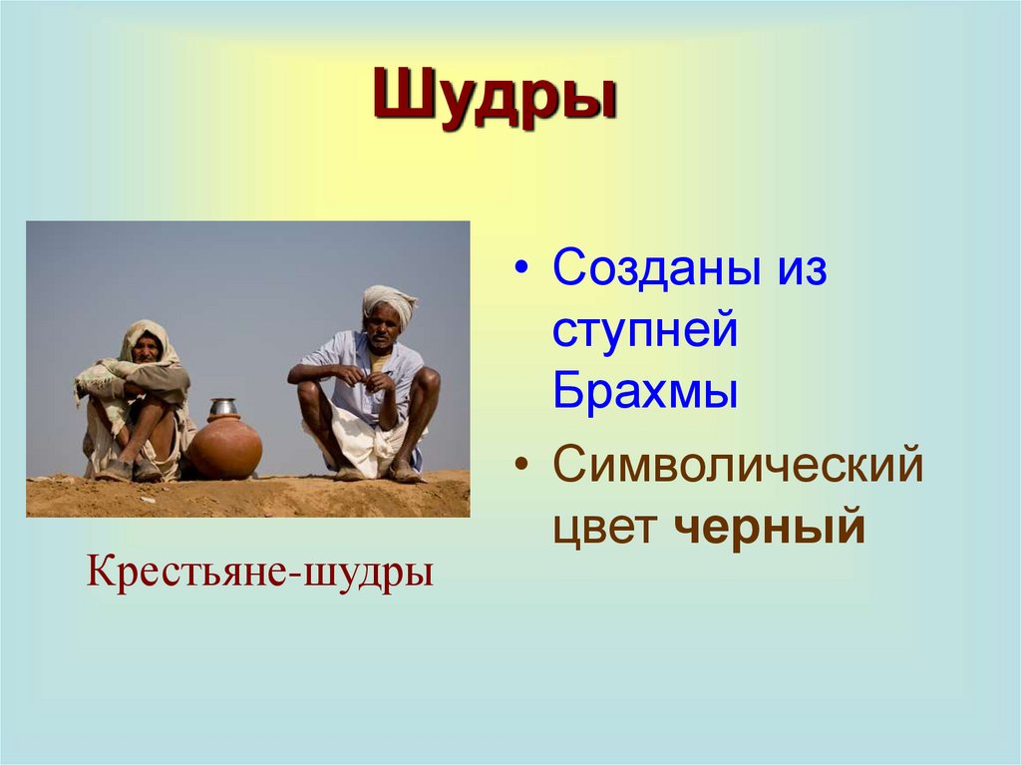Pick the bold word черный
click(x=771, y=528)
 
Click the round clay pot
click(x=223, y=447)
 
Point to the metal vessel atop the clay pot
click(x=223, y=407)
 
